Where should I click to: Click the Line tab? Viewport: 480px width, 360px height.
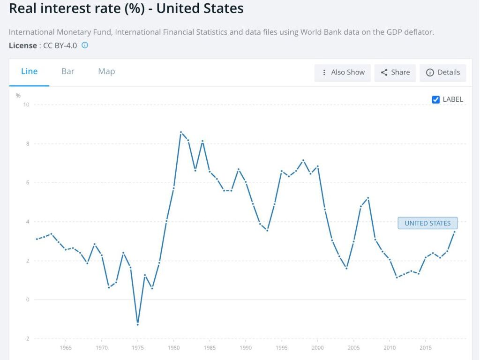tap(29, 72)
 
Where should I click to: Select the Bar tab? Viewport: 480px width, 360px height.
tap(68, 72)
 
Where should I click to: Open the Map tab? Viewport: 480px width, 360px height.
tap(106, 72)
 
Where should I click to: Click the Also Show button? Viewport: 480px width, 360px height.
tap(343, 73)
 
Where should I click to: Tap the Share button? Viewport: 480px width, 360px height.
tap(395, 73)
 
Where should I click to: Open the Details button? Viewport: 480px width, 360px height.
tap(443, 73)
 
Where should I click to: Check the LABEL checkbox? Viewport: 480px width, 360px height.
tap(436, 99)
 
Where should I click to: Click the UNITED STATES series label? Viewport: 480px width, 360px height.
tap(427, 224)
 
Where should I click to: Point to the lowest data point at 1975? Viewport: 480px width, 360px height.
tap(138, 324)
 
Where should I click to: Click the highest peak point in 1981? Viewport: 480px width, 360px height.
tap(181, 132)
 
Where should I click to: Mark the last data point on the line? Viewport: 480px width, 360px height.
tap(454, 232)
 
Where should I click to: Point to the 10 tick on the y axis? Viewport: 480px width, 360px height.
tap(26, 105)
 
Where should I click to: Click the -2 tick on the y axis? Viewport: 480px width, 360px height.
tap(26, 338)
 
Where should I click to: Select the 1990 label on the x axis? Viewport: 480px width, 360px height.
tap(246, 348)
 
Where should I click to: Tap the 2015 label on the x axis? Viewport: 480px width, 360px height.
tap(426, 348)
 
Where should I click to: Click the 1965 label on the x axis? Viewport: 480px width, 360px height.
tap(66, 348)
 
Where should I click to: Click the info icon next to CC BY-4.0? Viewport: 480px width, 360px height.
tap(85, 45)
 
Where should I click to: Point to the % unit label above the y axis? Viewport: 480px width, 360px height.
tap(18, 96)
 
